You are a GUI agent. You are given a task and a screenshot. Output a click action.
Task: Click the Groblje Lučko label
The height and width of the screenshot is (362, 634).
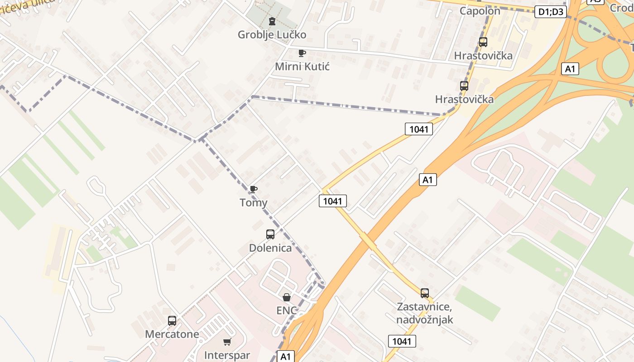point(272,35)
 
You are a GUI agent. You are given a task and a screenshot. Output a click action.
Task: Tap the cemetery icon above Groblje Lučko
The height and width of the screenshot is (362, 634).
point(272,21)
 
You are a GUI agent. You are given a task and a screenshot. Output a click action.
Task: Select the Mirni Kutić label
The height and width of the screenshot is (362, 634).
point(302,67)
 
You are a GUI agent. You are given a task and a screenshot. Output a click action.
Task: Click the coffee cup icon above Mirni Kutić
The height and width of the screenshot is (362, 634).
point(302,53)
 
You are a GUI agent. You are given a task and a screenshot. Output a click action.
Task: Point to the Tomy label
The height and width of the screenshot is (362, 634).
point(254,203)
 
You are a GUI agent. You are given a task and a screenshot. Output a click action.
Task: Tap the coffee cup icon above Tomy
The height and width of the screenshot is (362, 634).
point(254,189)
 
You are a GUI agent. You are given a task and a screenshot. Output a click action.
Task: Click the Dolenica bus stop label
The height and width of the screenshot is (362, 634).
point(270,248)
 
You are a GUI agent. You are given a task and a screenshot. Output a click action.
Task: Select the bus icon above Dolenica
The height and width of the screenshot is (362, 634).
point(270,234)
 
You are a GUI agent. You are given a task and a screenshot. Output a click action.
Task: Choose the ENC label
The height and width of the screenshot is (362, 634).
point(287,310)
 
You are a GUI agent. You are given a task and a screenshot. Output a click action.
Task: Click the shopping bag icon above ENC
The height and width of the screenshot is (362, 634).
point(287,297)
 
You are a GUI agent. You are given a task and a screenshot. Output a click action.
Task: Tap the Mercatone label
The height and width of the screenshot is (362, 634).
point(172,334)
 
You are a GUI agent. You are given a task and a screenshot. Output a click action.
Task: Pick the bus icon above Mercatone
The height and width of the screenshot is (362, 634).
point(172,321)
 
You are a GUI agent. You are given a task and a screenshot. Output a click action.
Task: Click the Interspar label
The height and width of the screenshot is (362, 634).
point(227,355)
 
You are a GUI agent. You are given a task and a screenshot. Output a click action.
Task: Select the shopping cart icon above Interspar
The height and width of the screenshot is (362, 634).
point(227,342)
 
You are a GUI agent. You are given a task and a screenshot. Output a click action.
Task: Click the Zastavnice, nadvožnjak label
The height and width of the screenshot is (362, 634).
point(424,313)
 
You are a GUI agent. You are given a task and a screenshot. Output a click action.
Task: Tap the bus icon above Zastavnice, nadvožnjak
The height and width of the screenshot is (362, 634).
point(424,293)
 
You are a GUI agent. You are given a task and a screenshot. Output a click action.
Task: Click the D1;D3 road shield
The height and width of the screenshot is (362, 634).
point(551,12)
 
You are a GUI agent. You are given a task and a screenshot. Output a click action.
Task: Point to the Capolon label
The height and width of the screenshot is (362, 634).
point(480,11)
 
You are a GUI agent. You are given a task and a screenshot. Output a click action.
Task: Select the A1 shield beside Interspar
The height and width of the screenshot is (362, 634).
point(285,357)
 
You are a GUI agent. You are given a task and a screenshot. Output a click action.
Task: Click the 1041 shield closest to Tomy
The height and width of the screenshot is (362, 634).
point(333,201)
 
